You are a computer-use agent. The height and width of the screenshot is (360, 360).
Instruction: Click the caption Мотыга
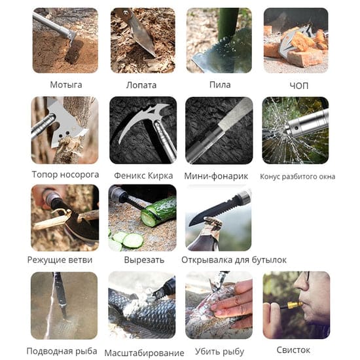point(66,85)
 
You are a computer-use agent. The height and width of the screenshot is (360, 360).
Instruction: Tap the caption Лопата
point(141,85)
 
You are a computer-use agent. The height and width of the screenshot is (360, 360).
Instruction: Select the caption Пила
point(220,84)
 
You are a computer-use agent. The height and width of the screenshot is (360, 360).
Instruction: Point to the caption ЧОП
point(298,86)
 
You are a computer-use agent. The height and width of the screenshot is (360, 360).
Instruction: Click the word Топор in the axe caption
point(44,175)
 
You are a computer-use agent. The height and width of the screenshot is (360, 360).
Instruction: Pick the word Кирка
point(160,175)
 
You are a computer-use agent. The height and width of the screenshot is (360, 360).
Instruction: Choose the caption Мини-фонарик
point(216,176)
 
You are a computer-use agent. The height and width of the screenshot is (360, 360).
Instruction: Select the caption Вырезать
point(144,260)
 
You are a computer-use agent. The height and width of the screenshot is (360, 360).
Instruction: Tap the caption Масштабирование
point(144,353)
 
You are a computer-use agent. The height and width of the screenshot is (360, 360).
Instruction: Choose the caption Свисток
point(293,350)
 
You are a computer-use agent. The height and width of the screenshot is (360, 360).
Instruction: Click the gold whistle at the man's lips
point(295,305)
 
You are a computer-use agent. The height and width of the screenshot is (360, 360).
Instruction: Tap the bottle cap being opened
point(213,222)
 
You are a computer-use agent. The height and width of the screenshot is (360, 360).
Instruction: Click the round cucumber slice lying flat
point(133,240)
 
